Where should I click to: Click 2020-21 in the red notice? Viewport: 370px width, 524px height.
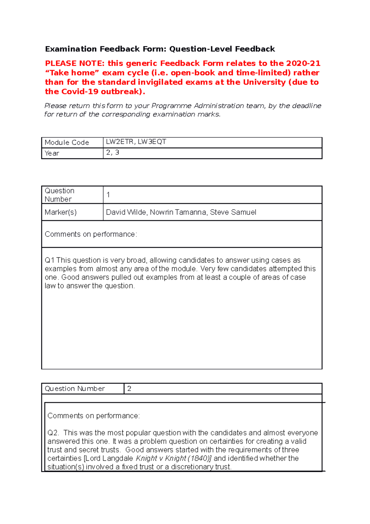303,63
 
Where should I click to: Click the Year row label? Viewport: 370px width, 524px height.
52,153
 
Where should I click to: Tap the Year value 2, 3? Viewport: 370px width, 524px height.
113,152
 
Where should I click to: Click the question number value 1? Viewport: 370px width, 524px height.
108,195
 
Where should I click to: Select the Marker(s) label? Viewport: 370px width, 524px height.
60,212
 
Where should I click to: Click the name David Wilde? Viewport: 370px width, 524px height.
126,212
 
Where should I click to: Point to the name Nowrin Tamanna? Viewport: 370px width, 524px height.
178,212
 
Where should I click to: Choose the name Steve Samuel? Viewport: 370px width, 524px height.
233,212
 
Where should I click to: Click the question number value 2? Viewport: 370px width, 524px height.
129,389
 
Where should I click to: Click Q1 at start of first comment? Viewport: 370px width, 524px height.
49,260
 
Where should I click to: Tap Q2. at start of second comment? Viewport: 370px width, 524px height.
53,433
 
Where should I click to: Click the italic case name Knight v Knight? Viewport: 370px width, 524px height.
161,458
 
